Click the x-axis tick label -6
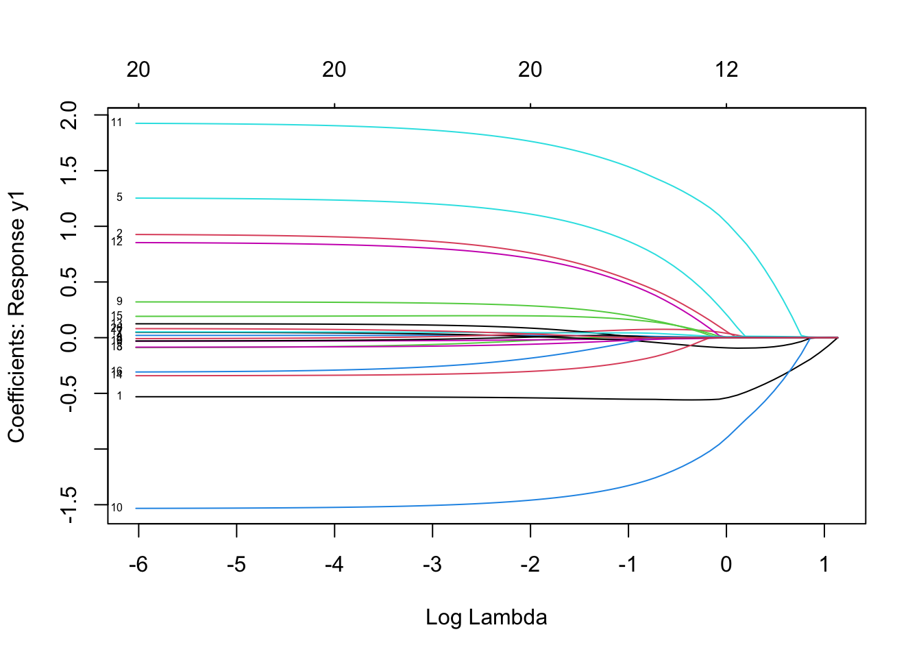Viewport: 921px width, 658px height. (138, 565)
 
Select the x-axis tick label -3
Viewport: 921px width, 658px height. (432, 565)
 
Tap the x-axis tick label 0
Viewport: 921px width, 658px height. (726, 565)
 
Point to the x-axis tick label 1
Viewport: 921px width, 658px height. (824, 565)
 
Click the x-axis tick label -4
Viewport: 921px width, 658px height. (334, 565)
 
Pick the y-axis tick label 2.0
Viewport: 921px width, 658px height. (69, 115)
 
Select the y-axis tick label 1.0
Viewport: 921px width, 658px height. (69, 226)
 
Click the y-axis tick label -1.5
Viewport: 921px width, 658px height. (69, 506)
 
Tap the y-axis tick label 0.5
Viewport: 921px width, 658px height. (69, 282)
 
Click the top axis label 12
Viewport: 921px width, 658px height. (726, 69)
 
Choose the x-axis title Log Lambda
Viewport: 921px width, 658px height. (486, 618)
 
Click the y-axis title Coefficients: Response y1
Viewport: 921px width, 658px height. (16, 317)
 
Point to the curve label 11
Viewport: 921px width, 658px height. (116, 123)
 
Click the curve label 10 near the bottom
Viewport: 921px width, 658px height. (116, 508)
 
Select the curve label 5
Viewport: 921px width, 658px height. (119, 197)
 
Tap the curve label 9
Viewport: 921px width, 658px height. (119, 302)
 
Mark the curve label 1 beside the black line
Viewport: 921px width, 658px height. (119, 396)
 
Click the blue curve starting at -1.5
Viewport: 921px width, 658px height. (411, 505)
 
